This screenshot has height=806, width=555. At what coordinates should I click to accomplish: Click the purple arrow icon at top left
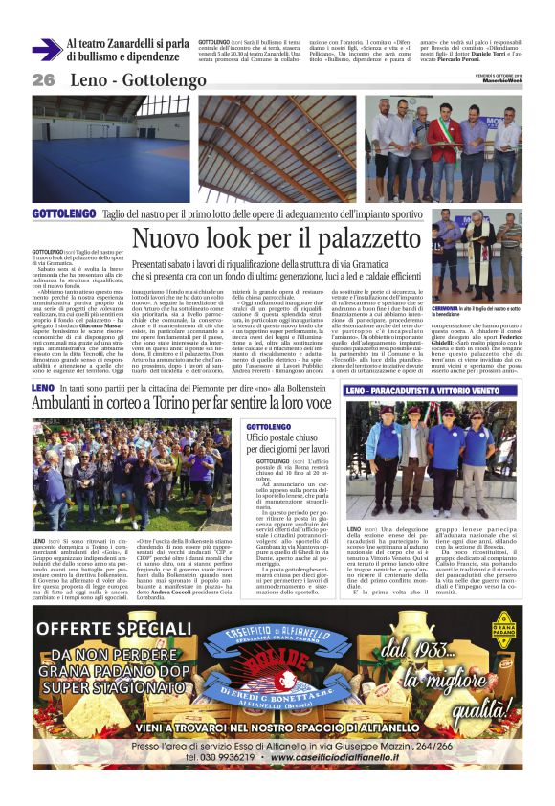[x=47, y=50]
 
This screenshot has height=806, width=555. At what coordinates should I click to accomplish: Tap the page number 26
[x=43, y=80]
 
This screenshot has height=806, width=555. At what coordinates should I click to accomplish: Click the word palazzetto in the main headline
[x=340, y=240]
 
